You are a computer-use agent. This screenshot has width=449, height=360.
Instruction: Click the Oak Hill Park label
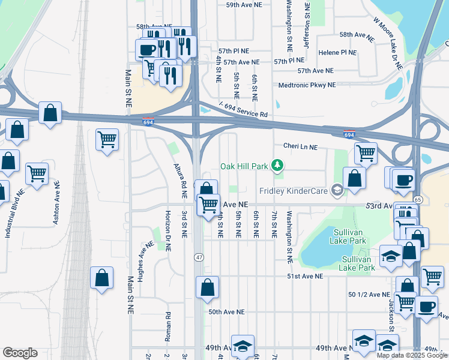(x=244, y=166)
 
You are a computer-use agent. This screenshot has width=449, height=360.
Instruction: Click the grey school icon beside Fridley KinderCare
(x=337, y=191)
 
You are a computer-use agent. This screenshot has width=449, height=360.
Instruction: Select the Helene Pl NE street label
(x=337, y=53)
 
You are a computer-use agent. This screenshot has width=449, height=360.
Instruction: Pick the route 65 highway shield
(x=418, y=199)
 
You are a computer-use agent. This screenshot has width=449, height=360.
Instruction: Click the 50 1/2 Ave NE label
(x=369, y=295)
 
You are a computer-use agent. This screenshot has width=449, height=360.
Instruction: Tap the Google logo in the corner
(x=20, y=353)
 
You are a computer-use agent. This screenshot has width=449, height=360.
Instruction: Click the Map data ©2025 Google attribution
(x=412, y=355)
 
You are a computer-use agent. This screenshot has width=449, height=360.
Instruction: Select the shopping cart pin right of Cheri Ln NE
(x=366, y=152)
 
